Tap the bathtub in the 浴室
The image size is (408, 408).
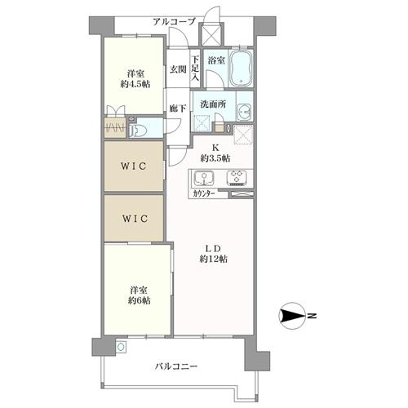tap(241, 68)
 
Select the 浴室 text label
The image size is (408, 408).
tap(216, 60)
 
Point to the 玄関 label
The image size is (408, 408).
tap(178, 70)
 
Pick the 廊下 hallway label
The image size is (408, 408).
tap(177, 108)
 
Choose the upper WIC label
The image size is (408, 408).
tap(134, 166)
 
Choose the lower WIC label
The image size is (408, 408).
tap(134, 218)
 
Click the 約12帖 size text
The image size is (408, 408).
tap(214, 259)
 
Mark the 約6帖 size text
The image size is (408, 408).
tap(139, 300)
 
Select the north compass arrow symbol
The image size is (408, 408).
tap(292, 315)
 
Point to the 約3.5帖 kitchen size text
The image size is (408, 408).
tap(216, 157)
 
